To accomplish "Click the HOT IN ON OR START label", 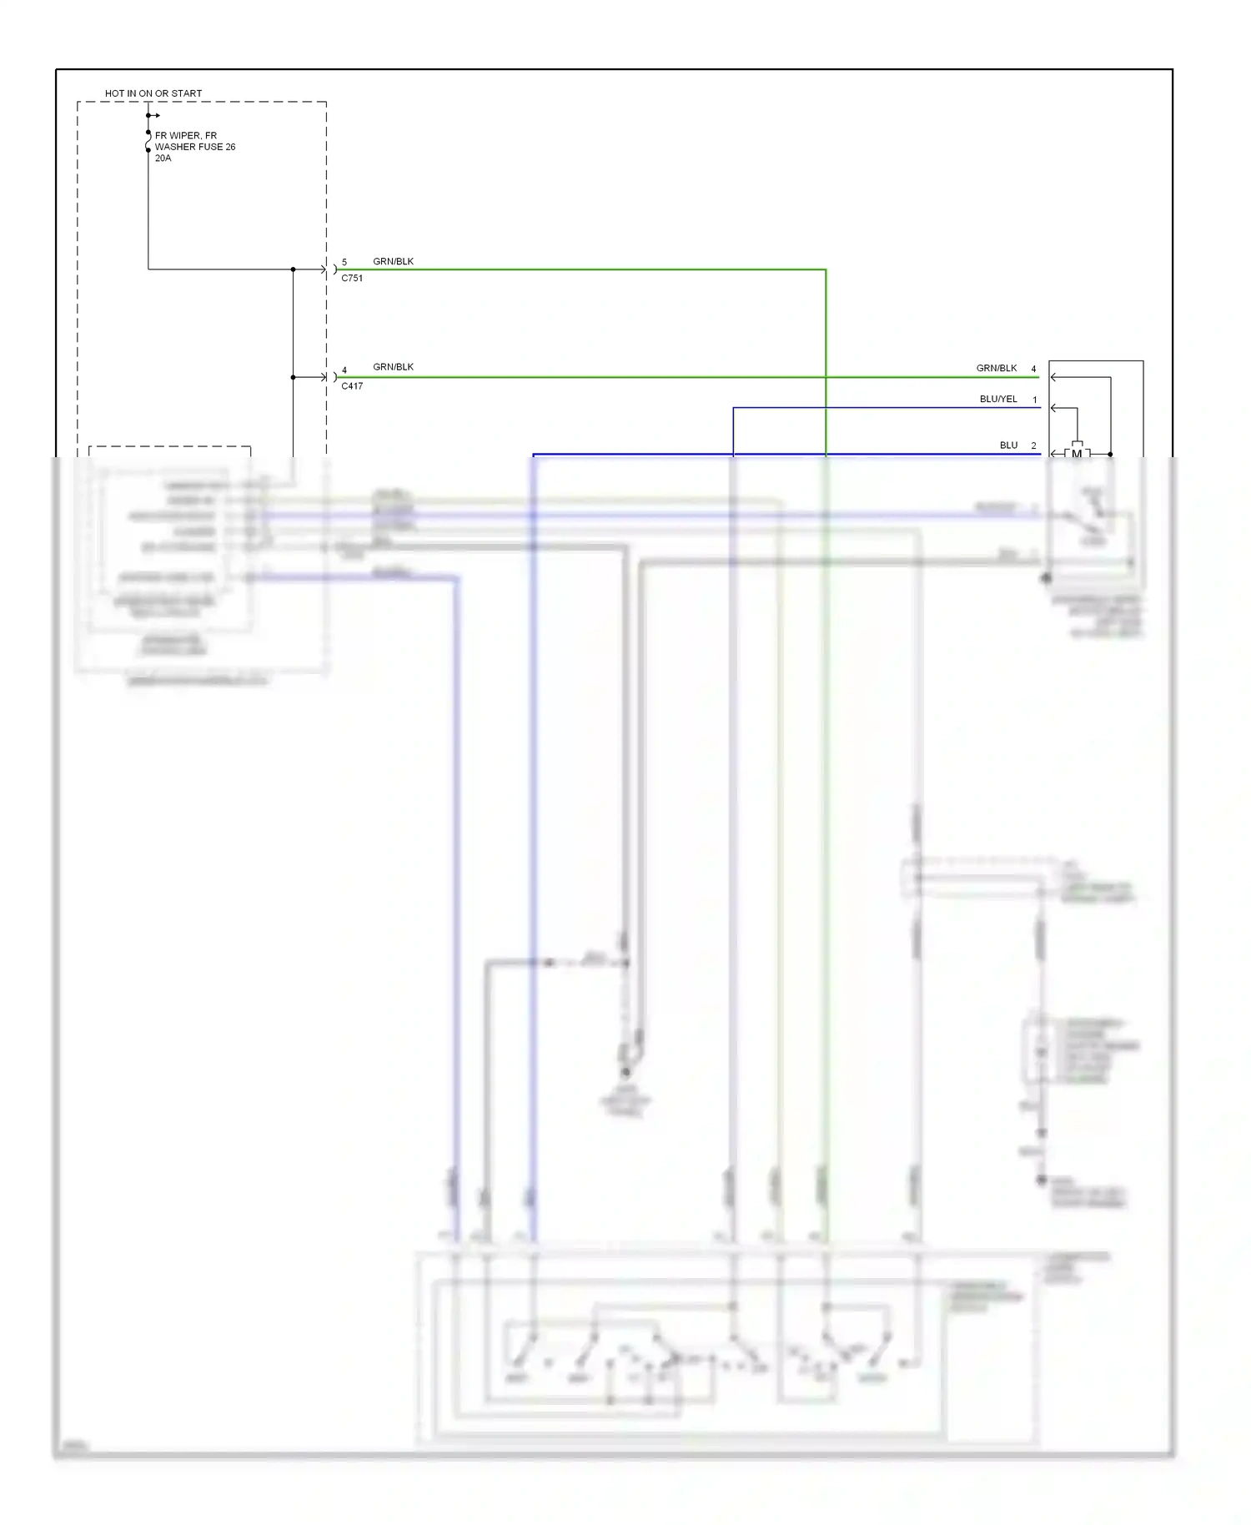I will [x=153, y=93].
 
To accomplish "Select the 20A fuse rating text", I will [x=163, y=159].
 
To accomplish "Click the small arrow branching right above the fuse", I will [x=154, y=115].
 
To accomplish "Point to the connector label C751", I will [x=352, y=279].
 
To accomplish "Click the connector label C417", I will [x=352, y=386].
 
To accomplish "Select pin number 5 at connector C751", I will [x=344, y=262].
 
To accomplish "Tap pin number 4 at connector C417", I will [x=344, y=370].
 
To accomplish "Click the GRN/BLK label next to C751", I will [x=393, y=261].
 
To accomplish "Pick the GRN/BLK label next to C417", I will [x=393, y=367].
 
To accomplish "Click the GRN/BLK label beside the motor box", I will [x=997, y=368].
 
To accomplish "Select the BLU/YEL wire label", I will [x=998, y=400].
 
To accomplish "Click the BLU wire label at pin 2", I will [x=1009, y=445].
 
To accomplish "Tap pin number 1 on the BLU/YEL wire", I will [x=1035, y=400].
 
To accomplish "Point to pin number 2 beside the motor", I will [x=1034, y=445].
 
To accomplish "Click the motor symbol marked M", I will [x=1077, y=454].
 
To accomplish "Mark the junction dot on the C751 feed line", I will [x=294, y=269].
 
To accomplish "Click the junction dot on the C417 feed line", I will [x=294, y=377].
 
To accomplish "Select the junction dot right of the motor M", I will [x=1110, y=454].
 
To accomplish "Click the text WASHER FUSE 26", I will [x=195, y=147].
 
